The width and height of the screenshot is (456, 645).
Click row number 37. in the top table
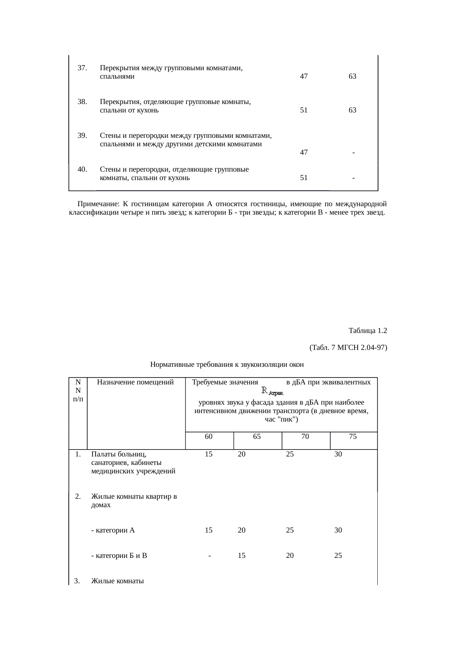pos(82,68)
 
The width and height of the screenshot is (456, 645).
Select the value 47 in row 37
pos(304,76)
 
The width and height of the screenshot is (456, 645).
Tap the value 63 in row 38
pos(352,110)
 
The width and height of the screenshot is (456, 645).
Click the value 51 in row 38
pos(304,110)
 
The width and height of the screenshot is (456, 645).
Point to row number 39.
pos(82,135)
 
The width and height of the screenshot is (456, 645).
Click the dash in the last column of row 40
pos(353,178)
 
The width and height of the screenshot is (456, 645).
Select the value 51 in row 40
pos(304,178)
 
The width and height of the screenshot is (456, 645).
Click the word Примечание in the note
pos(98,204)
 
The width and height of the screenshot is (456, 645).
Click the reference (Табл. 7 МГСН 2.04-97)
pos(348,347)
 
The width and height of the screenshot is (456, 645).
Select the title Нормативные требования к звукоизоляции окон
pos(227,365)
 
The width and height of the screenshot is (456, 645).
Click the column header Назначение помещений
pos(135,382)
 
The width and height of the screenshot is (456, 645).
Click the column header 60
pos(209,437)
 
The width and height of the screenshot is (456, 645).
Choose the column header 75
pos(353,437)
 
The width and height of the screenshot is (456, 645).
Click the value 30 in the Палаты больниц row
pos(338,454)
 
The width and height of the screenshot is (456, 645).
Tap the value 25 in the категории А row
pos(290,530)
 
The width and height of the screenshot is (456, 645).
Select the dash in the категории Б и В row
pos(209,556)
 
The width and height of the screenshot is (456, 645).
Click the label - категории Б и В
pos(119,556)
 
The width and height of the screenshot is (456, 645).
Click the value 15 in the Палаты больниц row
pos(209,454)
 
